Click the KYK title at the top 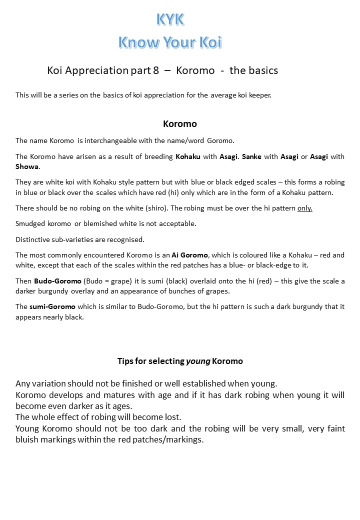point(170,19)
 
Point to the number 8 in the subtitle point(156,70)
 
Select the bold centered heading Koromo point(180,123)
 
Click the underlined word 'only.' point(304,208)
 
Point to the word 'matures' point(110,395)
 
